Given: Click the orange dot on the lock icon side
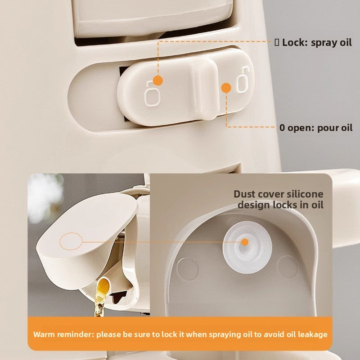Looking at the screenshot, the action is (158, 81).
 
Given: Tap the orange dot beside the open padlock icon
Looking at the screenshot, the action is (226, 88).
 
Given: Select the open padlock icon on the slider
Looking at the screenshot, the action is (243, 80).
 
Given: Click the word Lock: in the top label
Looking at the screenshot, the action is (295, 42).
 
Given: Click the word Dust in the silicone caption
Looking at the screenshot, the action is (244, 194).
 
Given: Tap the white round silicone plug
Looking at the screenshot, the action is (247, 247).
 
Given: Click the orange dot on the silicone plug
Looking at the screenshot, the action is (245, 242).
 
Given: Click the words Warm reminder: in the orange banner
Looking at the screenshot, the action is (63, 334).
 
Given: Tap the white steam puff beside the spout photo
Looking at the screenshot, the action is (45, 198).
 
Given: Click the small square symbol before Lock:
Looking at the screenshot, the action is (277, 42).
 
